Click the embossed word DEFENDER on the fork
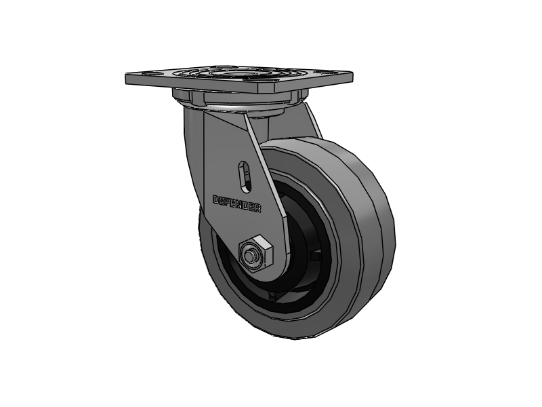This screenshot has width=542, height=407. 236,204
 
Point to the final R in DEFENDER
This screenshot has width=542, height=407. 258,208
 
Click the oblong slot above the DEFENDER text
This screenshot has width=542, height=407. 245,176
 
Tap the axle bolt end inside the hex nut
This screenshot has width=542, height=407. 248,256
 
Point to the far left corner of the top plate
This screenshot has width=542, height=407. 125,75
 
